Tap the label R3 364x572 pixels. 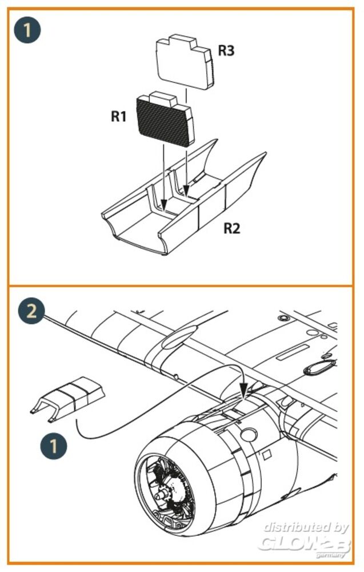[x=226, y=51]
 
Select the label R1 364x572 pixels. [x=119, y=117]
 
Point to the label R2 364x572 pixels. [x=231, y=229]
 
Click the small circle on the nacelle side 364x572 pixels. [x=248, y=436]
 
